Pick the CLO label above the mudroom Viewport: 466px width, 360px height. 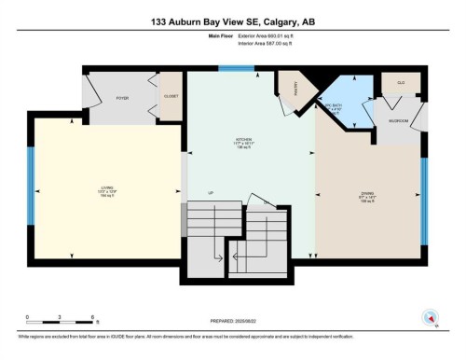(402, 83)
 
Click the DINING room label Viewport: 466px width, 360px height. (367, 194)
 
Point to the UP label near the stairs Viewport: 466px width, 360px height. (211, 194)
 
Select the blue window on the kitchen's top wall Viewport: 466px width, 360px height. (231, 67)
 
